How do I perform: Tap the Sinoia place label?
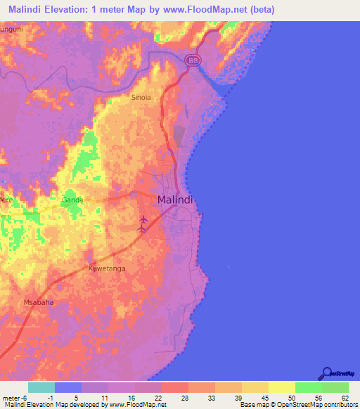141,98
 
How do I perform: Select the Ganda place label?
72,200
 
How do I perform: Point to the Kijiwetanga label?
106,268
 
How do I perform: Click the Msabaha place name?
39,303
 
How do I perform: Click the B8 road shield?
193,61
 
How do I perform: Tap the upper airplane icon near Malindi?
143,220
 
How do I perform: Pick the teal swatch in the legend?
41,387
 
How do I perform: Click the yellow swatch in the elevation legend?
281,387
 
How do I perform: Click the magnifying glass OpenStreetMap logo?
327,373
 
